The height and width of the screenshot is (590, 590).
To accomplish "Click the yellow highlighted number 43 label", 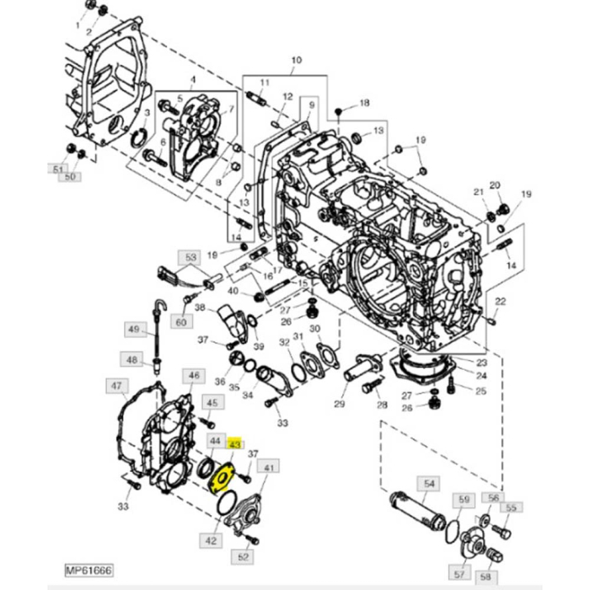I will (235, 443).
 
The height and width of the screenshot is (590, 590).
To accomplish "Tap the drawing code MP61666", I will (89, 571).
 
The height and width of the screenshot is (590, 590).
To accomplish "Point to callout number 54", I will (430, 483).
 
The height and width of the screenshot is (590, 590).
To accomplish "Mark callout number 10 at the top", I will (296, 61).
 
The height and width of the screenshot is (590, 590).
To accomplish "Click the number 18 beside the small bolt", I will (364, 103).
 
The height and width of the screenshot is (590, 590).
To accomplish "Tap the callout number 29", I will (339, 405).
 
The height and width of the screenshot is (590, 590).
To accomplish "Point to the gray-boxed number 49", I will (133, 329).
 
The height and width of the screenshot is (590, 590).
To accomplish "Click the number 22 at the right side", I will (500, 302).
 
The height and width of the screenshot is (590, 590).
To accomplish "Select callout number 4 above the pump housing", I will (191, 80).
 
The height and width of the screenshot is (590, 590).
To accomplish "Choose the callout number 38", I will (200, 308).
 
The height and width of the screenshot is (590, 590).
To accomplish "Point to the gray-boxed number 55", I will (510, 507).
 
